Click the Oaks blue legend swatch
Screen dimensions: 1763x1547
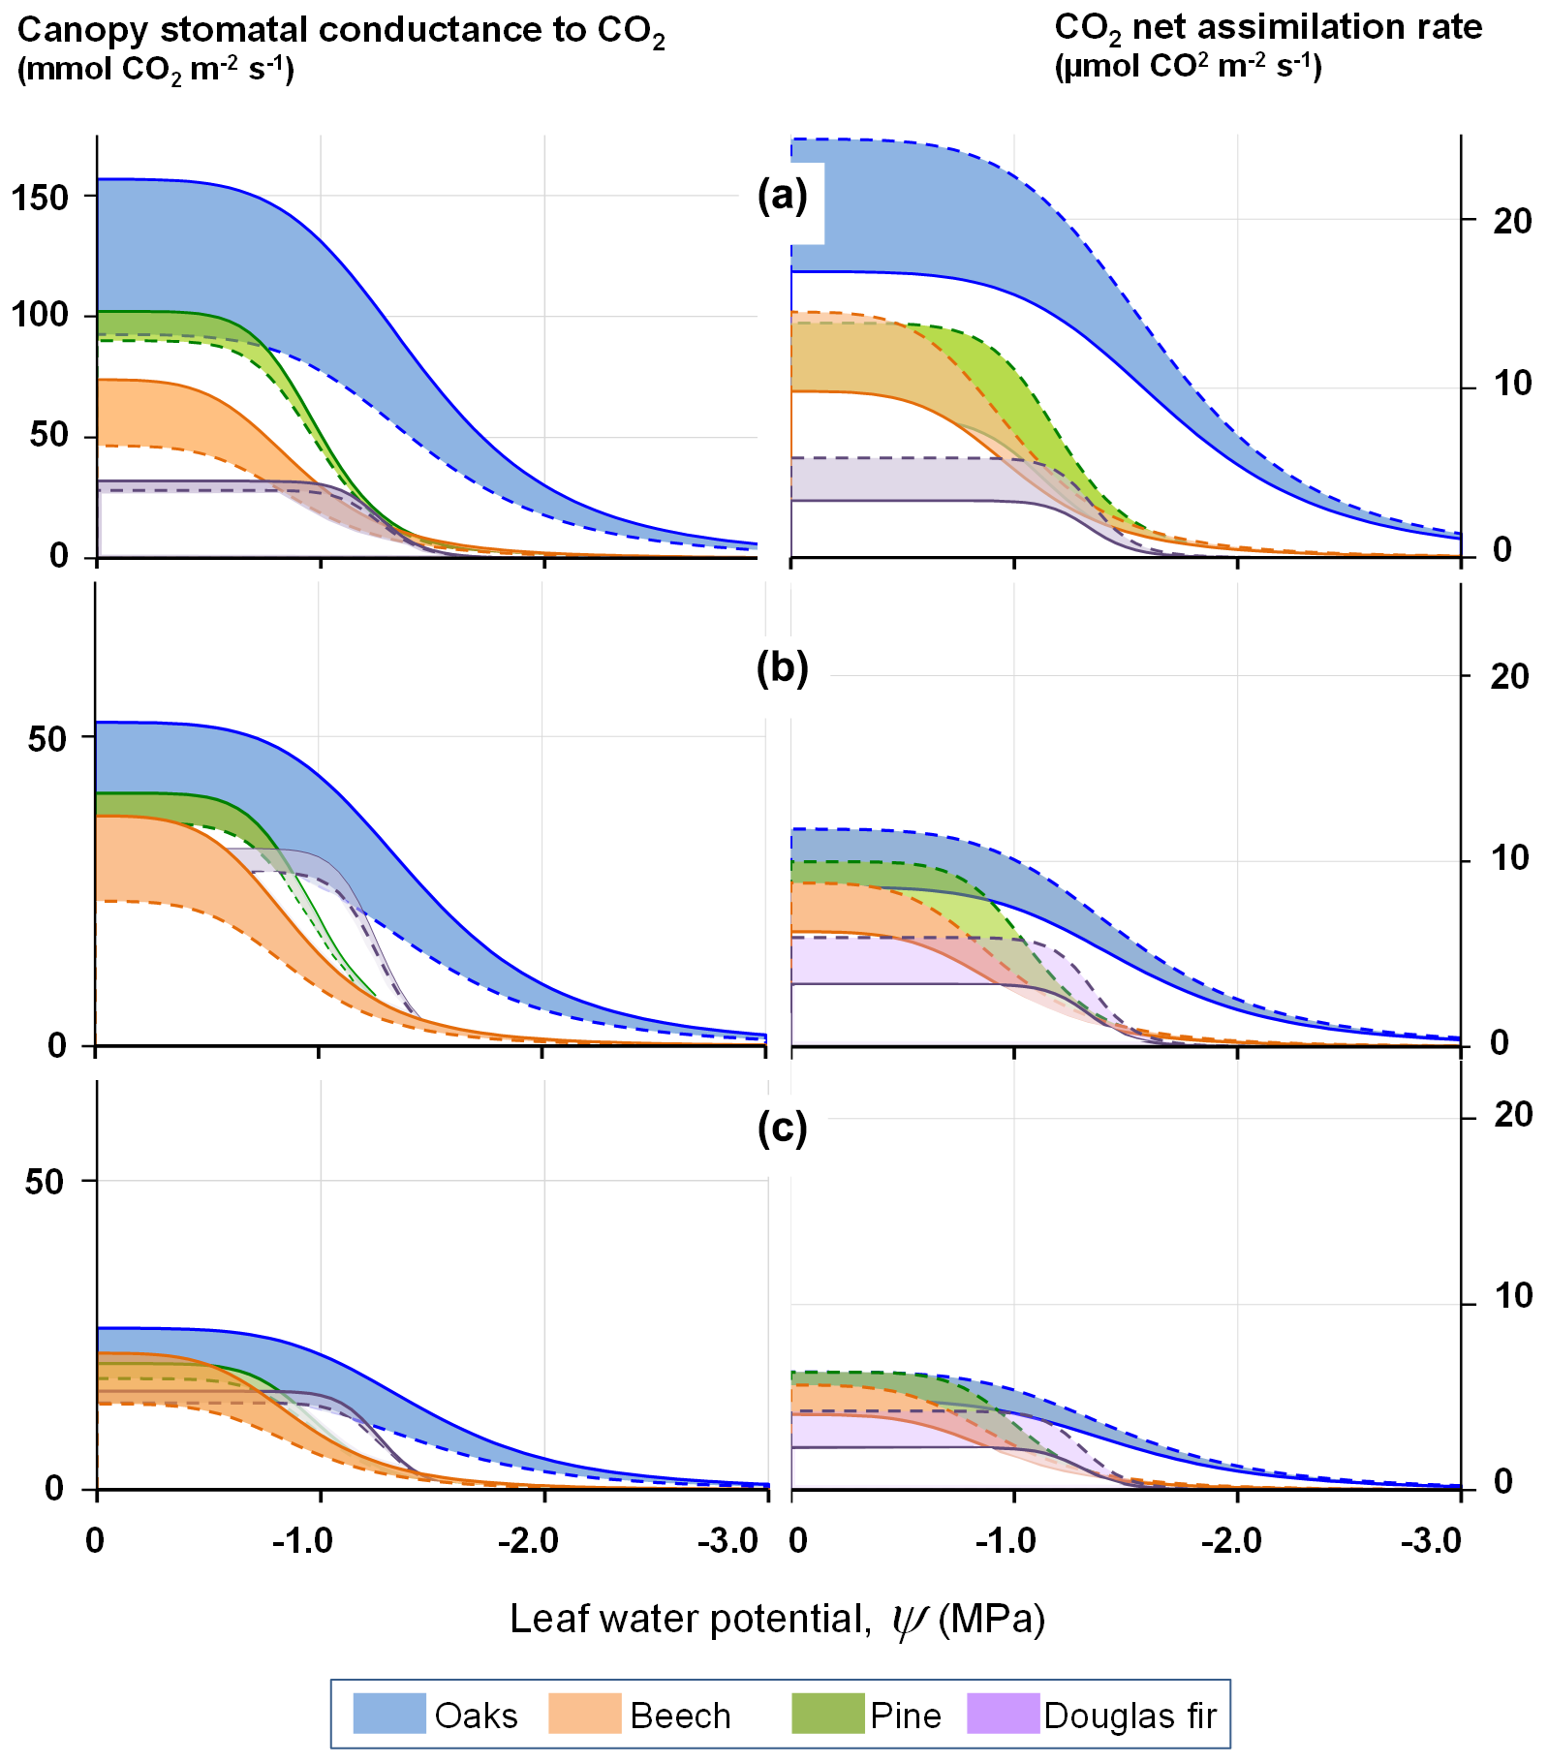388,1713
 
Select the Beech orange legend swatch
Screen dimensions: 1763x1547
584,1713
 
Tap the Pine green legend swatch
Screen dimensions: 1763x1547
827,1713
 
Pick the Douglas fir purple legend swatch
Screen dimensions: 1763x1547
1003,1713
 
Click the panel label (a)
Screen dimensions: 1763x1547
782,196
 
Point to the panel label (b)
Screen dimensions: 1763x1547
782,667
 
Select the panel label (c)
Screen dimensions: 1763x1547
782,1128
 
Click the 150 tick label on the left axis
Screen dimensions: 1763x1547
41,197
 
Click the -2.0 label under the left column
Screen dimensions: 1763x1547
529,1540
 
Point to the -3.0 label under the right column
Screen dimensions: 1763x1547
1431,1540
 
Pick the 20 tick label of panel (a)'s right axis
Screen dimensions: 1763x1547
1512,222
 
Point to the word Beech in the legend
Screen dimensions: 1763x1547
680,1716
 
